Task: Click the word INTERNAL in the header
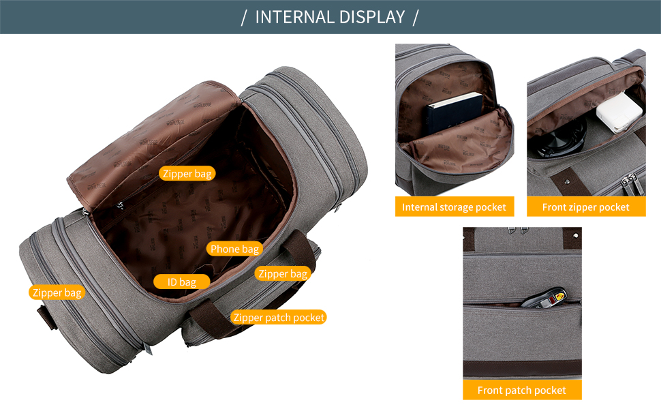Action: pos(294,17)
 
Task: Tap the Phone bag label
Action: pos(234,249)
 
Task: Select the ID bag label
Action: pos(182,282)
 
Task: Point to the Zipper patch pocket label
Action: pos(279,317)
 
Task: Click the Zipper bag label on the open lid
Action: pos(187,173)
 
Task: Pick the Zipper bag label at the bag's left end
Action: pos(57,292)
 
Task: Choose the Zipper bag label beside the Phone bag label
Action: pos(283,273)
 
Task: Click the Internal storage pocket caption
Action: pos(455,207)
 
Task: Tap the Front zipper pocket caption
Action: pos(586,207)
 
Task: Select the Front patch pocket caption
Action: pos(522,390)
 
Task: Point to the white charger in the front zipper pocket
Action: pos(619,112)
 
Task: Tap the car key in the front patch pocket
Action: pos(544,298)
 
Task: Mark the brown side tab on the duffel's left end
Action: pos(47,317)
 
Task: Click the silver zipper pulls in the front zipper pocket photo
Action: pos(628,184)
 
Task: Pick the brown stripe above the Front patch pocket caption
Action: pos(522,369)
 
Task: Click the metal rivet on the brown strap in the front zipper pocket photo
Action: pos(568,181)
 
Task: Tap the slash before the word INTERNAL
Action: pos(244,18)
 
